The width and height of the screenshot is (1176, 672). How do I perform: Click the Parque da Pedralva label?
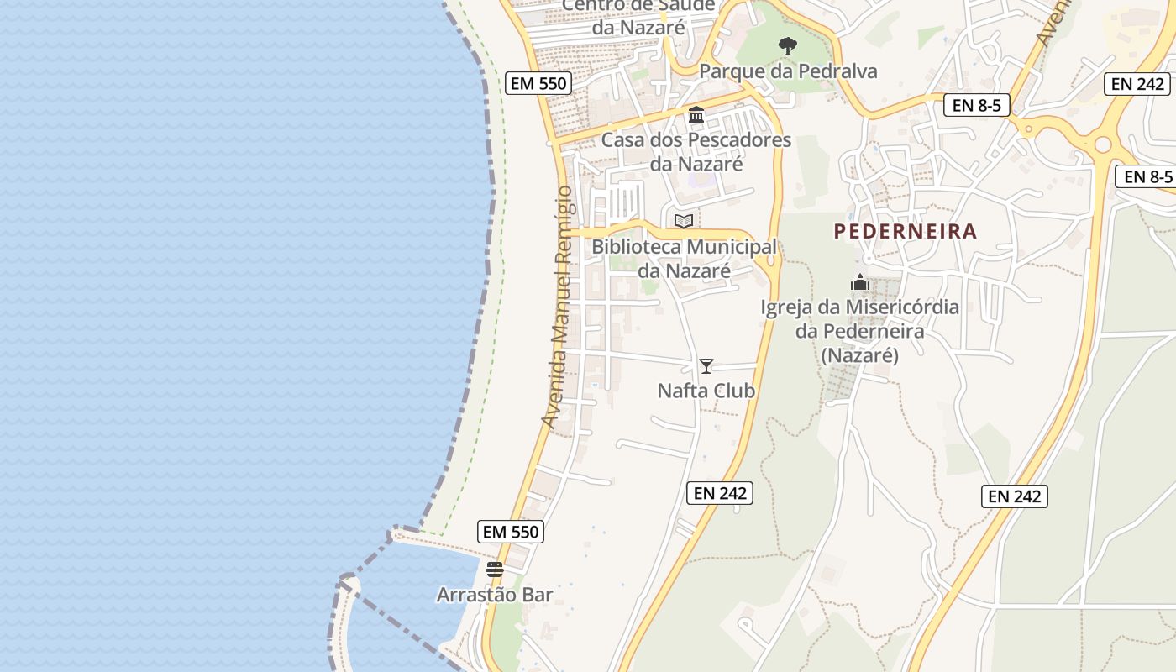pos(788,71)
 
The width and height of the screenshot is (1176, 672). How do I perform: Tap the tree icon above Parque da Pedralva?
pos(787,45)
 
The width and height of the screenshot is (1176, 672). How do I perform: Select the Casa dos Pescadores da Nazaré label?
pos(696,151)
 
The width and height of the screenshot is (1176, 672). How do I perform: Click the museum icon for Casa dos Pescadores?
pos(696,114)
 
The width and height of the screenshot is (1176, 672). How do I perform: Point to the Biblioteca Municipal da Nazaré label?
pos(684,259)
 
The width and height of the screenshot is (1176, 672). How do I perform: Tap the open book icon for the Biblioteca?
pos(684,221)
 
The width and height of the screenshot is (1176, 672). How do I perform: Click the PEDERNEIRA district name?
pos(906,232)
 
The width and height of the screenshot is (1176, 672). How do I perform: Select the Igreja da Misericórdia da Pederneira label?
pos(859,331)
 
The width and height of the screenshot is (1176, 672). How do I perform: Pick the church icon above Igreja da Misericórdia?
pos(859,282)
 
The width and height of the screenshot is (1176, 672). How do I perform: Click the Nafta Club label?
pos(706,391)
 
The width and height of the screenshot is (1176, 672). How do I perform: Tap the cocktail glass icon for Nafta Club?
pos(706,365)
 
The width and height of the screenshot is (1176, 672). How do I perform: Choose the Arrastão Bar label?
pos(495,595)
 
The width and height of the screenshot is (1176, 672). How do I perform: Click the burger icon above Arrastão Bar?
pos(495,570)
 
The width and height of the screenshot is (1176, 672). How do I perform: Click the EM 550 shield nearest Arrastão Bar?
pos(511,532)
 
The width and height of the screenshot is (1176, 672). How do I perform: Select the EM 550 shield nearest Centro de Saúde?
pos(539,83)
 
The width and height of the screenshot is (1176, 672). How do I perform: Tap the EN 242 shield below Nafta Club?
pos(720,493)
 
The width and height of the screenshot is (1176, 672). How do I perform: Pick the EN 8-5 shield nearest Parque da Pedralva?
pos(976,106)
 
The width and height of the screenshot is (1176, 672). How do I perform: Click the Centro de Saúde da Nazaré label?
pos(638,16)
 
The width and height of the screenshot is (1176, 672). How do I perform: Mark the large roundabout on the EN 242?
pos(1102,144)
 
